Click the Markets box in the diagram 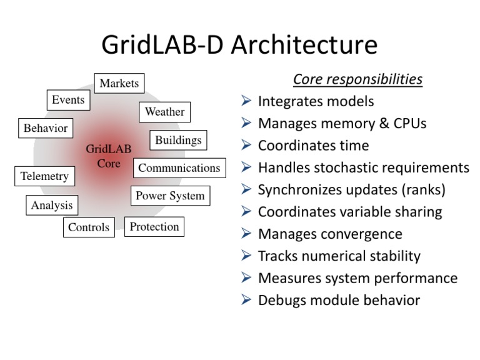(119, 84)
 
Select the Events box (68, 100)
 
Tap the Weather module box (164, 112)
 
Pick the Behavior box (46, 129)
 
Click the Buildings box (178, 140)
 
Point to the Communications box (179, 168)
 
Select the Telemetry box (44, 176)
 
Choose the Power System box (170, 196)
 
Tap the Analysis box (52, 205)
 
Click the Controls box (89, 227)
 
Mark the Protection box (154, 227)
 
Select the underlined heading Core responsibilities (357, 80)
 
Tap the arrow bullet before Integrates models (246, 101)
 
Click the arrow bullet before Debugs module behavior (246, 301)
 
